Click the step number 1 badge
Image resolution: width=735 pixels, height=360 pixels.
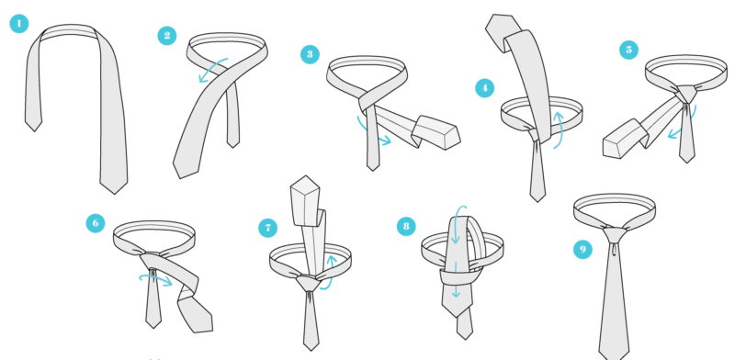coord(19,24)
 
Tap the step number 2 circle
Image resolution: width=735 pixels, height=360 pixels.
coord(167,36)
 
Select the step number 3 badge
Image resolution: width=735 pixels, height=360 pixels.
coord(310,54)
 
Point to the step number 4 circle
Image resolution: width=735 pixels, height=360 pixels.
coord(485,87)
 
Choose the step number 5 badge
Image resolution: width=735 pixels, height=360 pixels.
coord(628,50)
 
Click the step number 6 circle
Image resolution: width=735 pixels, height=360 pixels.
coord(96,223)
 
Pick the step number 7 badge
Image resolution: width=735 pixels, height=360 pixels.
coord(267,229)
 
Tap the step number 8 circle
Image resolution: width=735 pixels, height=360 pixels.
coord(406,227)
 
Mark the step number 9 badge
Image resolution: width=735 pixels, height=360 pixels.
coord(582,250)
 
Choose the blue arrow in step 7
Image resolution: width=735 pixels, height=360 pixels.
coord(330,274)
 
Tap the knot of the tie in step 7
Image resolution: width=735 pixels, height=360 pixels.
coord(309,283)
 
